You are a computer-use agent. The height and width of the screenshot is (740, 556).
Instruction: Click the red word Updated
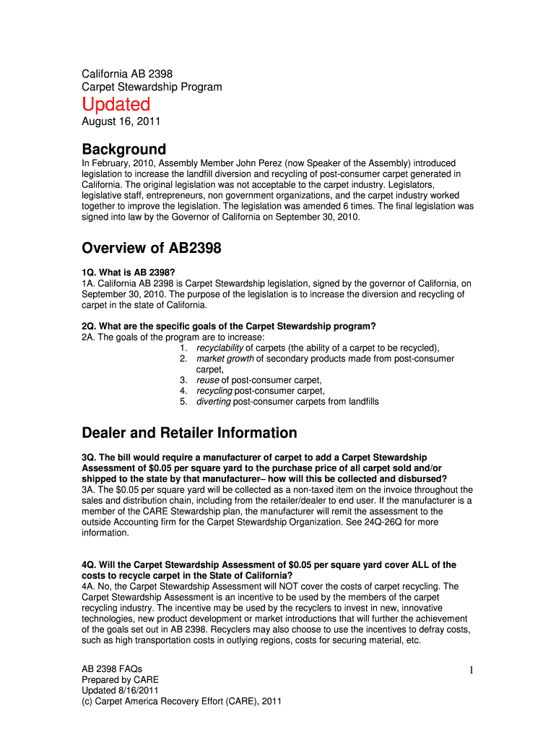point(116,105)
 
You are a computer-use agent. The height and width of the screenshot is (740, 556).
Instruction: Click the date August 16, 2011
point(121,122)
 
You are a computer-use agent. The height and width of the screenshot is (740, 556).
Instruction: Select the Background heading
point(123,150)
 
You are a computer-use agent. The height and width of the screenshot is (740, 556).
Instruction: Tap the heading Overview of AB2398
point(152,249)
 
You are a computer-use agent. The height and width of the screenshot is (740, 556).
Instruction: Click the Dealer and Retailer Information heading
point(189,433)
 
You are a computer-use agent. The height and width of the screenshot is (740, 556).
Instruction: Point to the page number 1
point(470,671)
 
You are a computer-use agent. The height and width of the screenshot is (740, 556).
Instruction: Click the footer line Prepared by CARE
point(120,680)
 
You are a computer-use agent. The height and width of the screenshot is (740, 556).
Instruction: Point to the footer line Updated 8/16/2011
point(120,690)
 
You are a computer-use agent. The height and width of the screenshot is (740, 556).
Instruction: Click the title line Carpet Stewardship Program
point(152,87)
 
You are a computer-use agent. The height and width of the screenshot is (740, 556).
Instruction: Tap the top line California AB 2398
point(127,74)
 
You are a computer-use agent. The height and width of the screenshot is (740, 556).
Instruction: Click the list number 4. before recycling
point(184,391)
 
